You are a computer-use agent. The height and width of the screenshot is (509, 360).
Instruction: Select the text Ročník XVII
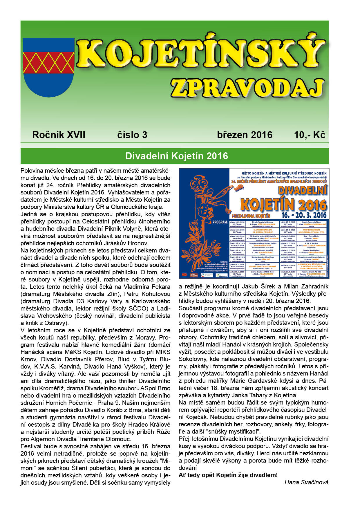pos(59,135)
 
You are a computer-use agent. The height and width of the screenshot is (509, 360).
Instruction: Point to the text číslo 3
pos(132,135)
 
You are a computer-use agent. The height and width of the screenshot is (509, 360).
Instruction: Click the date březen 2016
pos(245,135)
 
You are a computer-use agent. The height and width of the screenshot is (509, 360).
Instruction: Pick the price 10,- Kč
pos(310,135)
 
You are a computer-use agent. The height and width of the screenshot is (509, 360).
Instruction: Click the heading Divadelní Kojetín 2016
pos(176,156)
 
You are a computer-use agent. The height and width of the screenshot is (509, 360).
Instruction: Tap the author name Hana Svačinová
pos(306,482)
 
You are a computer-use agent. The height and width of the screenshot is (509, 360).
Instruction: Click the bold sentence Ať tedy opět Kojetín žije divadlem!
pos(228,475)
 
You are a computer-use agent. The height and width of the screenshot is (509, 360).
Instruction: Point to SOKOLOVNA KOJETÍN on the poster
pos(251,216)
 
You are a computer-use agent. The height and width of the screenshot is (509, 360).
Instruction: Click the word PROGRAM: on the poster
pos(220,222)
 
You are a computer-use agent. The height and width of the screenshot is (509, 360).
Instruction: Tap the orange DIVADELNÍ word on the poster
pos(302,190)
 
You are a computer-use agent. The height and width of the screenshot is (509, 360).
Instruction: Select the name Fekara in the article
pos(160,287)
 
